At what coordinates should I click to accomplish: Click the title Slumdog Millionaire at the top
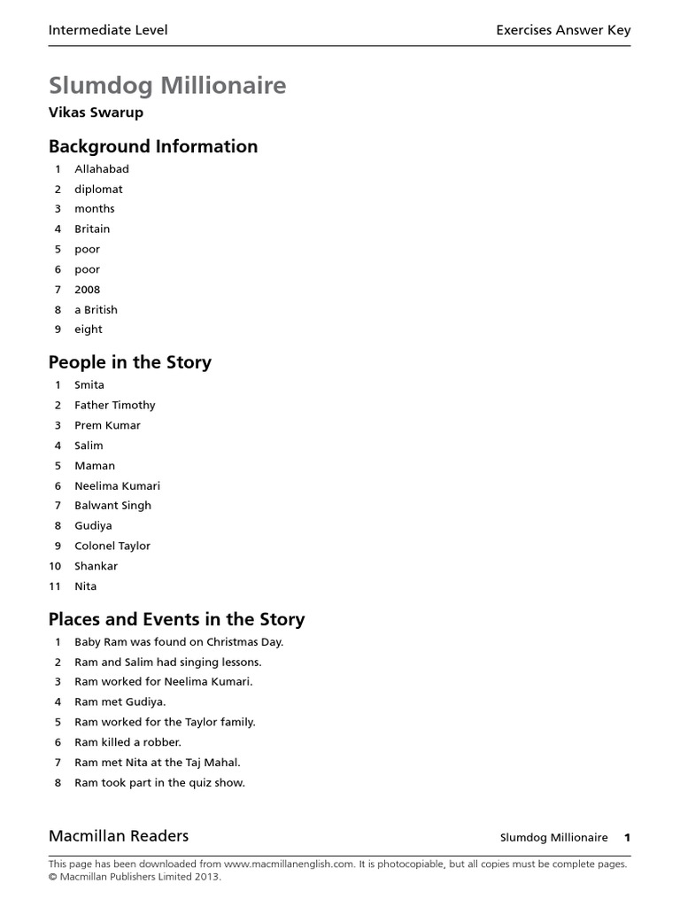point(167,86)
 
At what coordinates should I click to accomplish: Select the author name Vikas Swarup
point(96,112)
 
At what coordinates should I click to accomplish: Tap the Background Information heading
point(153,146)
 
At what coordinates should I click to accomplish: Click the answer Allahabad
point(102,168)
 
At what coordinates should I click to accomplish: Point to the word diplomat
point(98,189)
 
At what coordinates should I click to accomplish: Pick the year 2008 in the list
point(88,290)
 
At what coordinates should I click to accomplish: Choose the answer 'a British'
point(96,309)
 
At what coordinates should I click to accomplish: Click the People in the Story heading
point(130,362)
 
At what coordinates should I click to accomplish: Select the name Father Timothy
point(115,405)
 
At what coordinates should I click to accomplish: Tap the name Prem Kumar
point(107,425)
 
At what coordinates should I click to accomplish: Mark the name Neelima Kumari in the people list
point(118,485)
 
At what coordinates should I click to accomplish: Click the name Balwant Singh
point(112,505)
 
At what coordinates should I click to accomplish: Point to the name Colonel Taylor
point(112,546)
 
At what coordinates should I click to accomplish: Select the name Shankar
point(96,566)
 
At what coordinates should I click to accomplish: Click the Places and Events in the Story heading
point(176,619)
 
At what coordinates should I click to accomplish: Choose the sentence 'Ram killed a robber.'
point(127,742)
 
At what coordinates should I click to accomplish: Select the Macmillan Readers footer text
point(119,835)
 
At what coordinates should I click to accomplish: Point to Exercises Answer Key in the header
point(563,30)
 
